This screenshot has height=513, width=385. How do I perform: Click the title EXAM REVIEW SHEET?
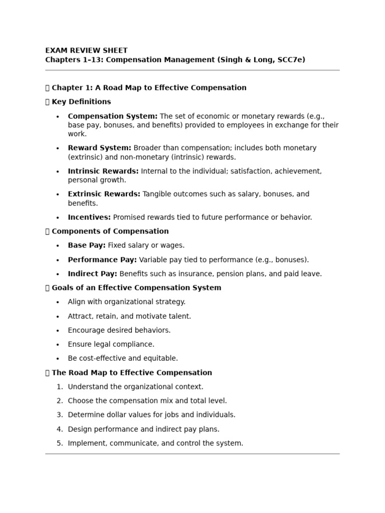[86, 51]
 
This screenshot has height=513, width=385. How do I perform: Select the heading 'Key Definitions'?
[81, 102]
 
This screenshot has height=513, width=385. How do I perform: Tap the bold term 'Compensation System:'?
[113, 116]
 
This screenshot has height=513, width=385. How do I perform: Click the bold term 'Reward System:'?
[100, 148]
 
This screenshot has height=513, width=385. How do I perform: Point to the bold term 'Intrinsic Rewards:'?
[103, 171]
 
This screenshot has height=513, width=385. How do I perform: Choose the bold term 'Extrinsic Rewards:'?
[104, 194]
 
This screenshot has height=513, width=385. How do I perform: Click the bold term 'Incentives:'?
[89, 217]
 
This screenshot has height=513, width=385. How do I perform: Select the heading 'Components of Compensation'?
[110, 231]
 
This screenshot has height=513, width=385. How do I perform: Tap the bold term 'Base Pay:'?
[87, 245]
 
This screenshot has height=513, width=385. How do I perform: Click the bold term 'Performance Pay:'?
[102, 260]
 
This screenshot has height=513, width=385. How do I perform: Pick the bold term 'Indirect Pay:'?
[93, 274]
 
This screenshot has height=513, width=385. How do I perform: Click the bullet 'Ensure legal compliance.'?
[111, 345]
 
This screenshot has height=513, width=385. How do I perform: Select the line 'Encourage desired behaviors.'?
[119, 331]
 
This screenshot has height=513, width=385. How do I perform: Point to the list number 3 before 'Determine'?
[60, 415]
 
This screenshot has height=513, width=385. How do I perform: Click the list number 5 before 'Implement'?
[60, 443]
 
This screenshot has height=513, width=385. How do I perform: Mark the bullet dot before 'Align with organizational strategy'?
[58, 302]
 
